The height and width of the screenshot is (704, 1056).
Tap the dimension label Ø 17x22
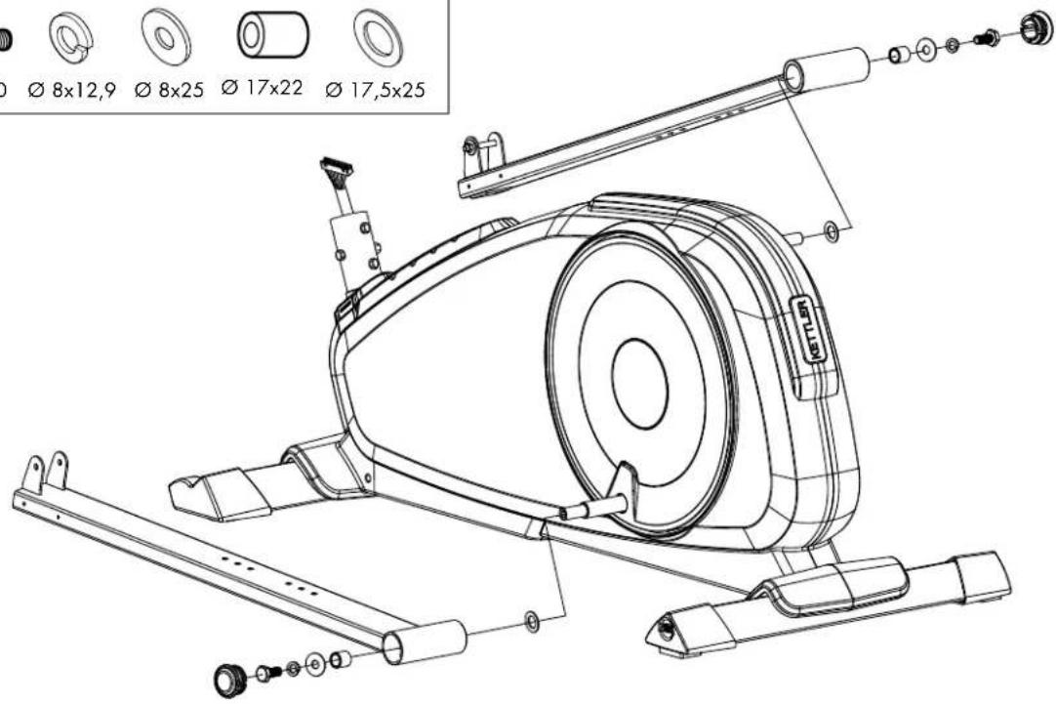click(262, 88)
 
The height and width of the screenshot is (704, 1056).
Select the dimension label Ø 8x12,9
click(72, 90)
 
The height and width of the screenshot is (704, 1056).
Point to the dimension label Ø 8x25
click(169, 90)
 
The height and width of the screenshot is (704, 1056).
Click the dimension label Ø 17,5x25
click(375, 90)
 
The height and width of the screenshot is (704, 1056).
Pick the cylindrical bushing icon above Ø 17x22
click(272, 34)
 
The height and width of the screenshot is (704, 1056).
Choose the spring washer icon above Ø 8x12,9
click(71, 36)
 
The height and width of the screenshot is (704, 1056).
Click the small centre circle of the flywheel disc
click(640, 384)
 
